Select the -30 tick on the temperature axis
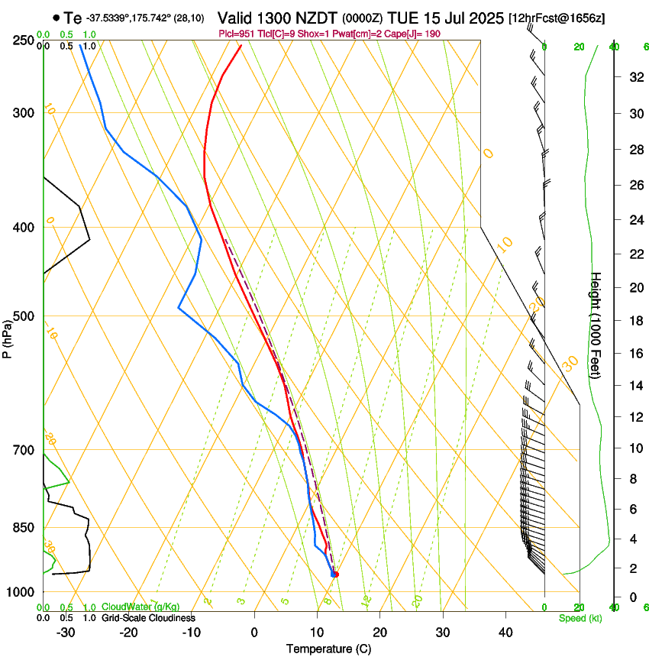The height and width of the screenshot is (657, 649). [65, 632]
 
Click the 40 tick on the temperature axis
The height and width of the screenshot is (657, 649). [505, 632]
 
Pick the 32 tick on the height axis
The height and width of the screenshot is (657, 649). [634, 77]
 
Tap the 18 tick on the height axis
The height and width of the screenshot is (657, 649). [634, 320]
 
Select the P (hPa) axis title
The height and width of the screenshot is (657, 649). [7, 336]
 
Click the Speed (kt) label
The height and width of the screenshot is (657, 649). [580, 618]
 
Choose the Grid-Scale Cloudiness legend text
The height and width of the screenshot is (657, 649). [148, 618]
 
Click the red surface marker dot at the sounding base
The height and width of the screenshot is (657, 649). [336, 574]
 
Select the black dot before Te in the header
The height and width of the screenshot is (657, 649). [57, 18]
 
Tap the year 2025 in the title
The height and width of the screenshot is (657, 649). [482, 18]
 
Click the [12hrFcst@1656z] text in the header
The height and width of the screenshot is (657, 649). [556, 18]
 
